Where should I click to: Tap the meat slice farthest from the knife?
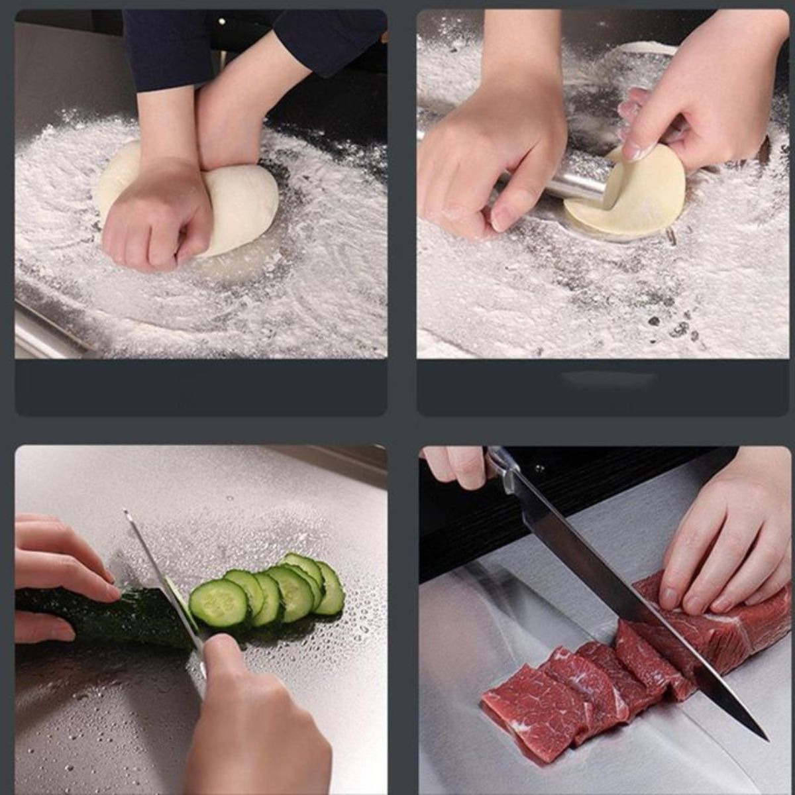coord(523,702)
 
